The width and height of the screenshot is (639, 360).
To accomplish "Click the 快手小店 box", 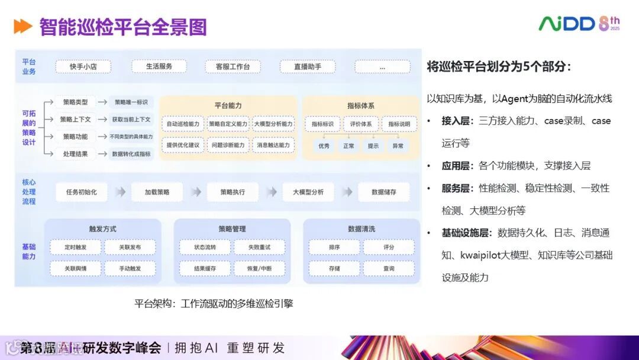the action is (x=83, y=67).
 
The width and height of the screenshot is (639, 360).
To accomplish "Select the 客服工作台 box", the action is (x=233, y=67).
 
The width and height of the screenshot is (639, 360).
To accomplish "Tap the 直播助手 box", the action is (x=308, y=67).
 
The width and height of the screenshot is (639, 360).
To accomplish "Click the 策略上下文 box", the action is (x=75, y=119).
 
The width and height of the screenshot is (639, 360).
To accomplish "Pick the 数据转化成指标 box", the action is (x=131, y=153).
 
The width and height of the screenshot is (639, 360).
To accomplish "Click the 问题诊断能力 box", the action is (x=228, y=144).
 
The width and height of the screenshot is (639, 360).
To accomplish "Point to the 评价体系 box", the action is (x=361, y=124).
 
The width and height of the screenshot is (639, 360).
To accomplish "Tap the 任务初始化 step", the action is (x=82, y=192).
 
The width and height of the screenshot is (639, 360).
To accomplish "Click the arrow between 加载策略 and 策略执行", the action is (x=195, y=192).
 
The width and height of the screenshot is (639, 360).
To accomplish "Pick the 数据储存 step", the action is (x=384, y=192).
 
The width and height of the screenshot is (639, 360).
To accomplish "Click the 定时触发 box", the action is (x=76, y=247).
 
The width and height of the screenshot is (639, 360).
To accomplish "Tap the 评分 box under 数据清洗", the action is (x=389, y=247).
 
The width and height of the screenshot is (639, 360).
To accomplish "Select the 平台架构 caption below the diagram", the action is (x=214, y=304).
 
